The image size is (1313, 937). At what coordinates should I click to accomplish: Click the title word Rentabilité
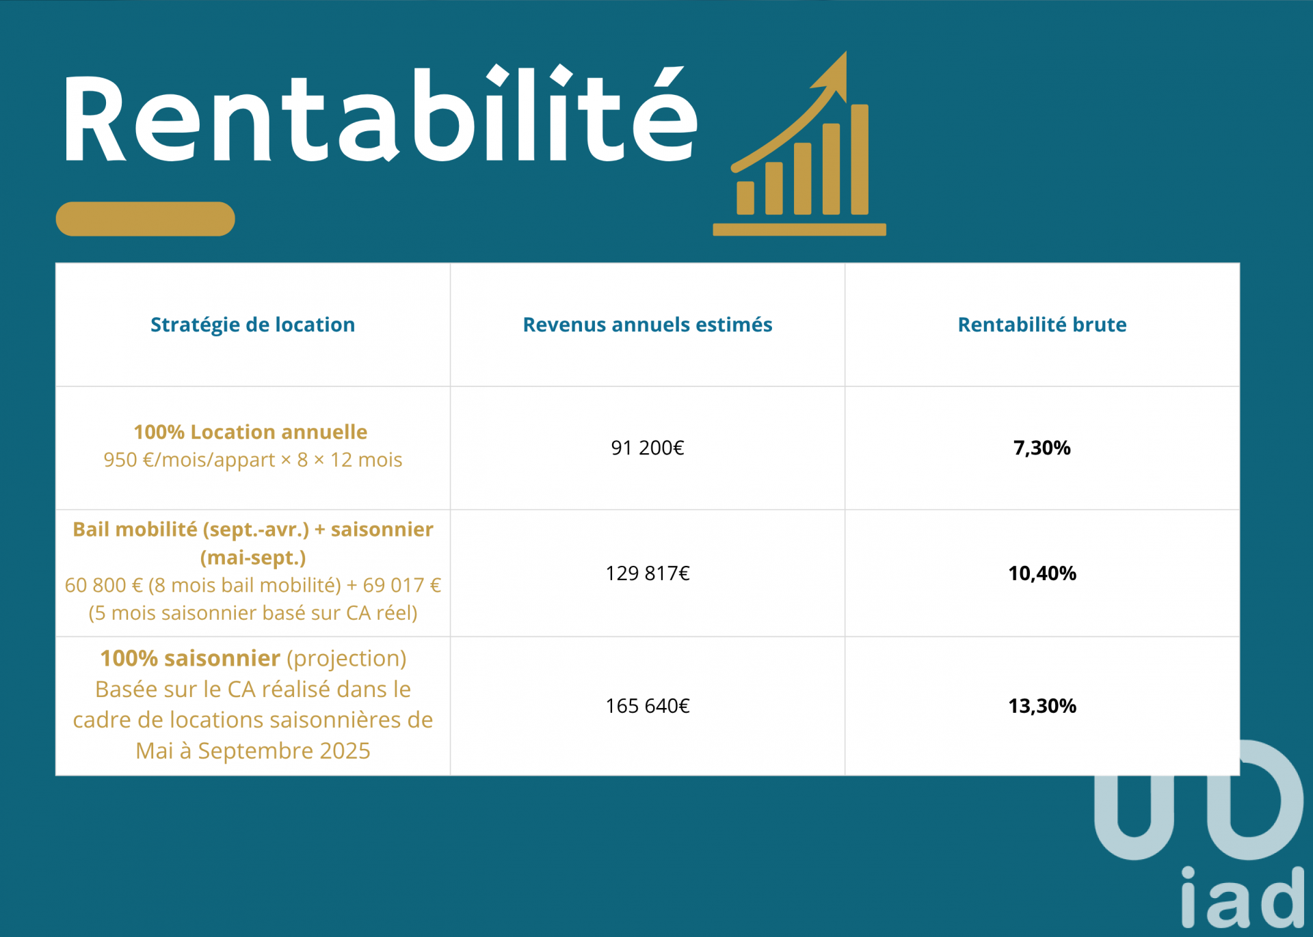click(380, 114)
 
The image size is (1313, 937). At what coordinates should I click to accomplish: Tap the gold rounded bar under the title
click(145, 219)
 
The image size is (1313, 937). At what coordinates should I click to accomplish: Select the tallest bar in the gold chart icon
click(860, 159)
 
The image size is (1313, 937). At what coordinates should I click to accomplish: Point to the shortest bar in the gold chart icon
click(745, 198)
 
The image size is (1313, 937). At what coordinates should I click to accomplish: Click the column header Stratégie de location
click(253, 325)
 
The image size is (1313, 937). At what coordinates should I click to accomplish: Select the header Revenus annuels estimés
click(648, 325)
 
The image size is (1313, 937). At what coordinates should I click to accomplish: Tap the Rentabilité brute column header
click(1042, 325)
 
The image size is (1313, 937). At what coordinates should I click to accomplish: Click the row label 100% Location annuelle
click(250, 432)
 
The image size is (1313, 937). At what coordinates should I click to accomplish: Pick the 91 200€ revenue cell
click(648, 448)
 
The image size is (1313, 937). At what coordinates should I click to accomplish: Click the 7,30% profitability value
click(1042, 448)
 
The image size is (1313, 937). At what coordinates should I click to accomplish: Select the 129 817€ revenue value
click(648, 573)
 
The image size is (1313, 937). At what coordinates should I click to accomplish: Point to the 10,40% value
click(1042, 573)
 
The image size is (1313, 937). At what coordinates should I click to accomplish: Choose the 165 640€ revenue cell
click(648, 705)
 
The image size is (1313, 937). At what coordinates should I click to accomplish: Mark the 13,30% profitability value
click(1042, 705)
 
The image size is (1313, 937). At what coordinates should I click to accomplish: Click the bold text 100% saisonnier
click(190, 658)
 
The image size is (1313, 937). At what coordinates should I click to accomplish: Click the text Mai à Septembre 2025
click(253, 750)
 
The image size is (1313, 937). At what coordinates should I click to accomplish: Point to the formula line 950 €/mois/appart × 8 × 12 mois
click(253, 460)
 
